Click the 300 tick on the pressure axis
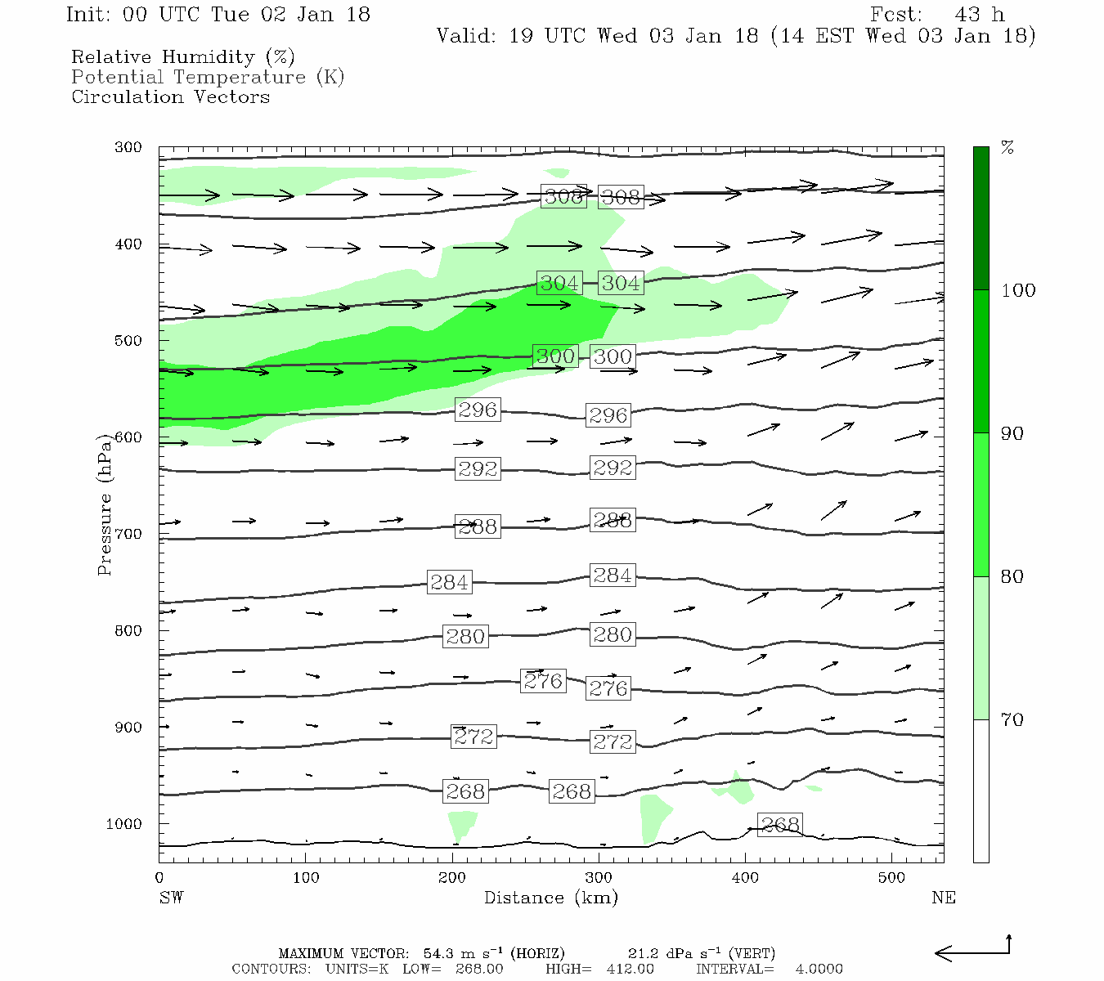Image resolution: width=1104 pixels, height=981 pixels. pyautogui.click(x=128, y=148)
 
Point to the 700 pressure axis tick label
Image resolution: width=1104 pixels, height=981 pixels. pyautogui.click(x=128, y=535)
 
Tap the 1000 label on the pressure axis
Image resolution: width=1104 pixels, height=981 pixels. pyautogui.click(x=124, y=824)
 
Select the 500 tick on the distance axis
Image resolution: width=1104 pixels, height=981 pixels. pyautogui.click(x=892, y=878)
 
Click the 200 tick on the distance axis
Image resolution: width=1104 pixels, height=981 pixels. pyautogui.click(x=452, y=878)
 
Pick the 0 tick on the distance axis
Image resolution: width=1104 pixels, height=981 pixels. pyautogui.click(x=159, y=878)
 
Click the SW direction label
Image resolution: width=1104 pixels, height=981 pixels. pyautogui.click(x=171, y=898)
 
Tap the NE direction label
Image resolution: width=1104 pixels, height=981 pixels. pyautogui.click(x=943, y=898)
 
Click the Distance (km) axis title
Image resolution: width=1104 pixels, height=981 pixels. pyautogui.click(x=550, y=898)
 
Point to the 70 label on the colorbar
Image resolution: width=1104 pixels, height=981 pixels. pyautogui.click(x=1012, y=720)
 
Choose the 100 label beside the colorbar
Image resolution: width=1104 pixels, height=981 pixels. pyautogui.click(x=1018, y=291)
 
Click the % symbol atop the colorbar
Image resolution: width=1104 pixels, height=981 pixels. pyautogui.click(x=1008, y=148)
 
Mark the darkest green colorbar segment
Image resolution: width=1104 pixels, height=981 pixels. pyautogui.click(x=981, y=218)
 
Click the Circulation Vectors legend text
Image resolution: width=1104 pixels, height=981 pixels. pyautogui.click(x=170, y=97)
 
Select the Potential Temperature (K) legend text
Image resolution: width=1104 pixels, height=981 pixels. pyautogui.click(x=208, y=78)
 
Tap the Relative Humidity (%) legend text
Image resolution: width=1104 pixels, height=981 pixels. pyautogui.click(x=183, y=57)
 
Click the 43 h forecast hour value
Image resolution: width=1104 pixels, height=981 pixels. pyautogui.click(x=979, y=15)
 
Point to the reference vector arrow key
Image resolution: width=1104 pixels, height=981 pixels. pyautogui.click(x=973, y=951)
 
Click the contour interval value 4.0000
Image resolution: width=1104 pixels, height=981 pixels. pyautogui.click(x=819, y=969)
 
